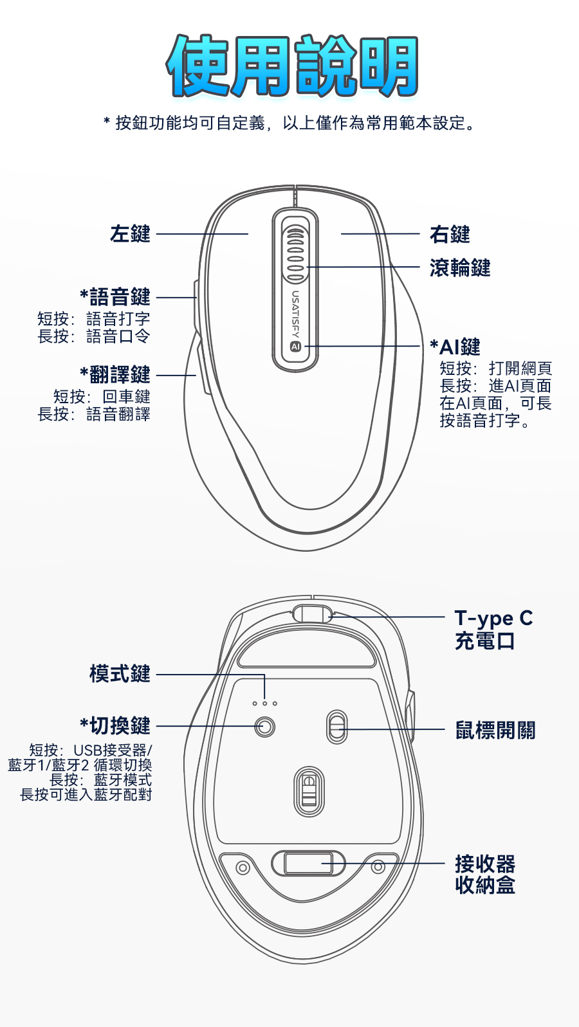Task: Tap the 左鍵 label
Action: pyautogui.click(x=130, y=233)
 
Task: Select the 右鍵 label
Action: pyautogui.click(x=450, y=234)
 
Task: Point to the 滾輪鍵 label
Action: pyautogui.click(x=460, y=268)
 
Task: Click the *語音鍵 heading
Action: pyautogui.click(x=115, y=296)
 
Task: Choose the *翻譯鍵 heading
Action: pyautogui.click(x=115, y=374)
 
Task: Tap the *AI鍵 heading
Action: pyautogui.click(x=455, y=347)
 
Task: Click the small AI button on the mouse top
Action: pyautogui.click(x=295, y=347)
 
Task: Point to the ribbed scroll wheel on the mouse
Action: pyautogui.click(x=295, y=255)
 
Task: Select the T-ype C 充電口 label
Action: pyautogui.click(x=493, y=630)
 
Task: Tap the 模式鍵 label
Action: pyautogui.click(x=120, y=674)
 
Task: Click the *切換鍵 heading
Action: pyautogui.click(x=115, y=725)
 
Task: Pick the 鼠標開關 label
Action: pyautogui.click(x=495, y=730)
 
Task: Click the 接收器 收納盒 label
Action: pyautogui.click(x=485, y=875)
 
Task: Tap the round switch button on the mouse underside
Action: pyautogui.click(x=264, y=727)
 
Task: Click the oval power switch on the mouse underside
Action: pyautogui.click(x=336, y=727)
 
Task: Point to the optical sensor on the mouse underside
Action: pyautogui.click(x=309, y=790)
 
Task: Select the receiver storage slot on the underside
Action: pyautogui.click(x=309, y=864)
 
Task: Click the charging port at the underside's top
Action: pyautogui.click(x=312, y=613)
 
